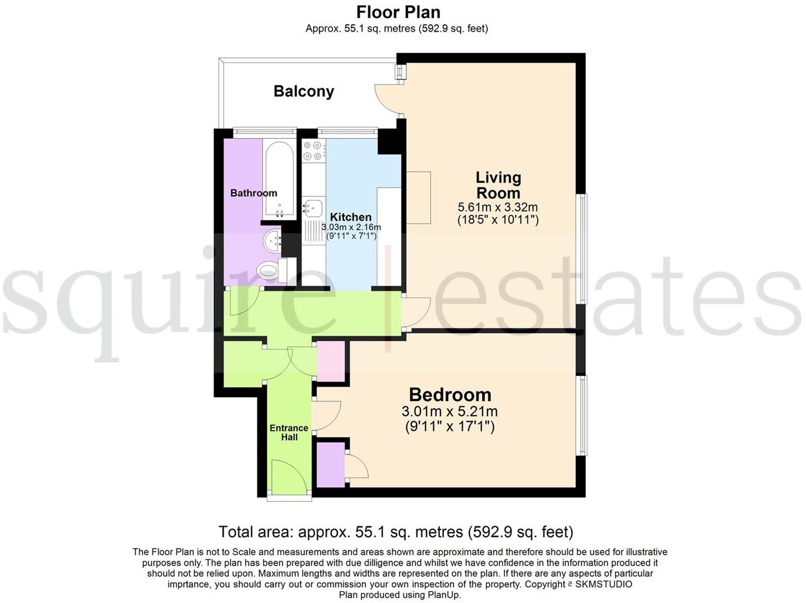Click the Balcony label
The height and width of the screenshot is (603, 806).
(x=303, y=91)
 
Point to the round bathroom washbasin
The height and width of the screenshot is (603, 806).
(x=273, y=241)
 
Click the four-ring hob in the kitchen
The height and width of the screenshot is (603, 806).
(x=313, y=151)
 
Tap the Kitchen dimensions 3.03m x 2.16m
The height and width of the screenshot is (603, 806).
(x=351, y=227)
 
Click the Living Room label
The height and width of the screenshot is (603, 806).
(x=498, y=185)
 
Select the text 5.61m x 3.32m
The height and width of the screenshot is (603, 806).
(x=498, y=207)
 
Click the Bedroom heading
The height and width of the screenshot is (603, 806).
(x=450, y=394)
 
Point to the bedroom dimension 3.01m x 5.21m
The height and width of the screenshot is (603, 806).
(x=450, y=411)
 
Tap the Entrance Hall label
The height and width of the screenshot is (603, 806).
(x=289, y=432)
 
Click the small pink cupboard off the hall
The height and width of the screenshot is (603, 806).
(x=331, y=361)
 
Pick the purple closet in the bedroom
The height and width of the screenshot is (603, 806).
(x=331, y=464)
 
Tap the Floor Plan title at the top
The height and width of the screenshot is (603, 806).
(x=398, y=12)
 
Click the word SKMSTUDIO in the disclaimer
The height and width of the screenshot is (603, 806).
(x=604, y=584)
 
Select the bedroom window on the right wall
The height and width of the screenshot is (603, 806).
(x=583, y=415)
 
